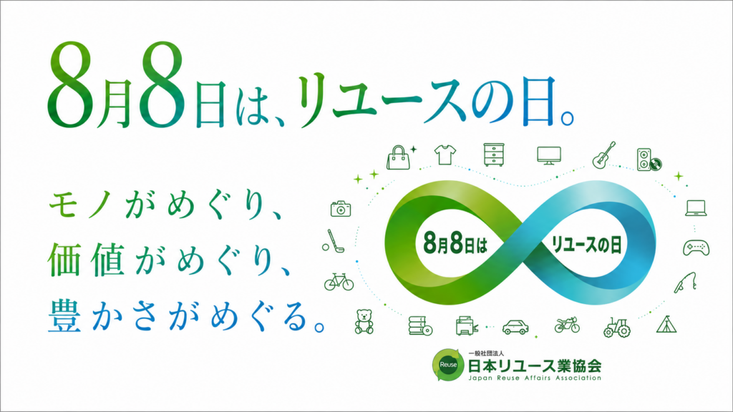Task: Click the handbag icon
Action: pos(398,157)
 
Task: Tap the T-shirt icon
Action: pos(445,154)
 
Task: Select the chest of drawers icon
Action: pos(494,154)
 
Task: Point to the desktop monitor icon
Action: pos(549,155)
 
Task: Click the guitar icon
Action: pos(603,155)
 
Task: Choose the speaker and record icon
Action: pos(649,160)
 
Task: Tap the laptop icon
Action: pos(696,208)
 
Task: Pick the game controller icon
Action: pos(696,247)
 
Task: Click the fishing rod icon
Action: pos(686,283)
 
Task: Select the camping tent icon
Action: pos(666,324)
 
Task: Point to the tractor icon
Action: pos(617,327)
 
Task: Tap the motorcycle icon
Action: pos(567,325)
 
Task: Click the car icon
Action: pos(515,327)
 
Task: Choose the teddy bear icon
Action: pos(364,322)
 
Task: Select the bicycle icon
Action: pos(339,282)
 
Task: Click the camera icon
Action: pos(341,209)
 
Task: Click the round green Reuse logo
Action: pos(448,364)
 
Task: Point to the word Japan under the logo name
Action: pos(479,378)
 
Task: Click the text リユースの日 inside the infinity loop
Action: pos(587,245)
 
